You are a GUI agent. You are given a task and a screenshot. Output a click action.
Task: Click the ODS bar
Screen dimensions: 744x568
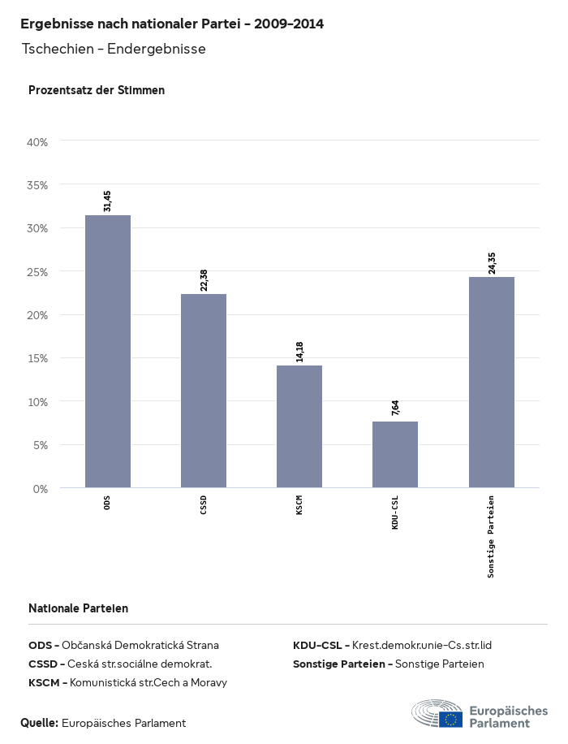click(108, 352)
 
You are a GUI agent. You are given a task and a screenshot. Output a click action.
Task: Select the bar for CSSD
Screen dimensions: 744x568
click(204, 391)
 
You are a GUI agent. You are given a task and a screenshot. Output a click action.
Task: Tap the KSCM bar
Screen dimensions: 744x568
click(299, 426)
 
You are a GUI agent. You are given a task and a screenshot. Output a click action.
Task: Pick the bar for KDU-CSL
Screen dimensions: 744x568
click(395, 455)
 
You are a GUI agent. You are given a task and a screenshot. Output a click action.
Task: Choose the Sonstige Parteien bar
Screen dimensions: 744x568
click(491, 383)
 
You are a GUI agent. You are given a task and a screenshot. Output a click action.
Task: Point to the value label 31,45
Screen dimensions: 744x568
click(108, 201)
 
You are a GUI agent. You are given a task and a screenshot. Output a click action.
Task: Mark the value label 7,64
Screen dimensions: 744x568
click(395, 408)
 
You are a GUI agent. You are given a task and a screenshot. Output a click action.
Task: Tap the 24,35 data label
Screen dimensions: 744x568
click(491, 263)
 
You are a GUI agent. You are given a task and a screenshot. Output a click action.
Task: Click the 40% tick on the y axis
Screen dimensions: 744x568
click(38, 142)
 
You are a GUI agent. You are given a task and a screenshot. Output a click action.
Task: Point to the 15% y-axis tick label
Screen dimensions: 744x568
click(38, 358)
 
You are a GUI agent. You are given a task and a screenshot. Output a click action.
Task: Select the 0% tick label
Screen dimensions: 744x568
click(41, 489)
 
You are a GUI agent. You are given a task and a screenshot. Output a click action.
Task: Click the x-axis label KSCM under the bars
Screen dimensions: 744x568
click(299, 509)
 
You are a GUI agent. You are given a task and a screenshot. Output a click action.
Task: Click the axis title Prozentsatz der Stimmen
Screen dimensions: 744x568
click(97, 90)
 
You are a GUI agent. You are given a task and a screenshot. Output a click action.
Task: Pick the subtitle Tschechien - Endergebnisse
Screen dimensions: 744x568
click(114, 49)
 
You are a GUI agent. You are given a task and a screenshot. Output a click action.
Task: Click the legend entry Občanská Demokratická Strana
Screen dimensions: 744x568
click(140, 646)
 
